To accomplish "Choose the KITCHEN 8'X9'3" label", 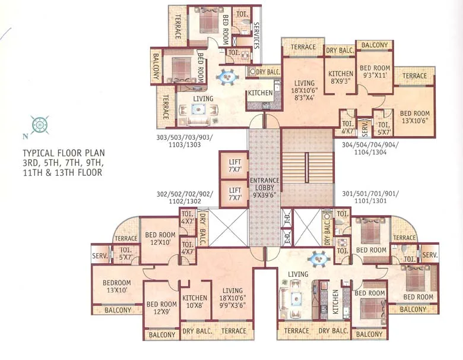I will pos(341,78).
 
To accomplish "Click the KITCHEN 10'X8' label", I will pos(195,302).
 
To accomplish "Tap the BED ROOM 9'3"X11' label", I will pos(375,72).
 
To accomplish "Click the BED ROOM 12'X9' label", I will pos(161,308).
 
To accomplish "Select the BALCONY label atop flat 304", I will pos(375,45).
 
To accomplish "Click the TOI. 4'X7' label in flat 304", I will pos(347,127).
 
